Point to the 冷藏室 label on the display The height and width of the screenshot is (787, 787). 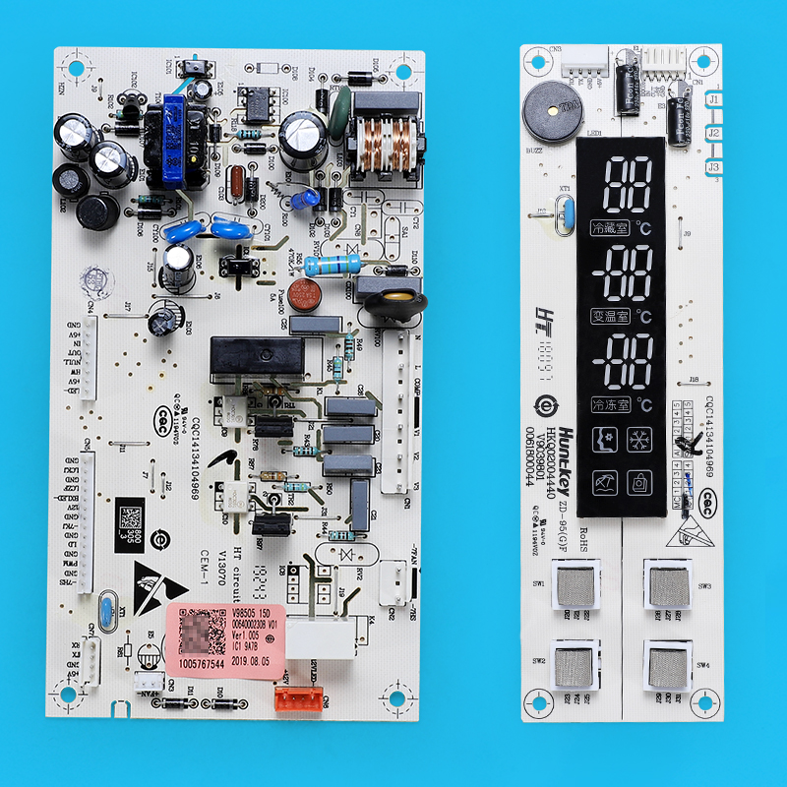click(x=610, y=228)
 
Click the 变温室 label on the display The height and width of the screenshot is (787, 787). click(x=610, y=317)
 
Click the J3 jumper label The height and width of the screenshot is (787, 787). click(x=714, y=168)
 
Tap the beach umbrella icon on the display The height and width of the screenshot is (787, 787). click(x=603, y=483)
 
